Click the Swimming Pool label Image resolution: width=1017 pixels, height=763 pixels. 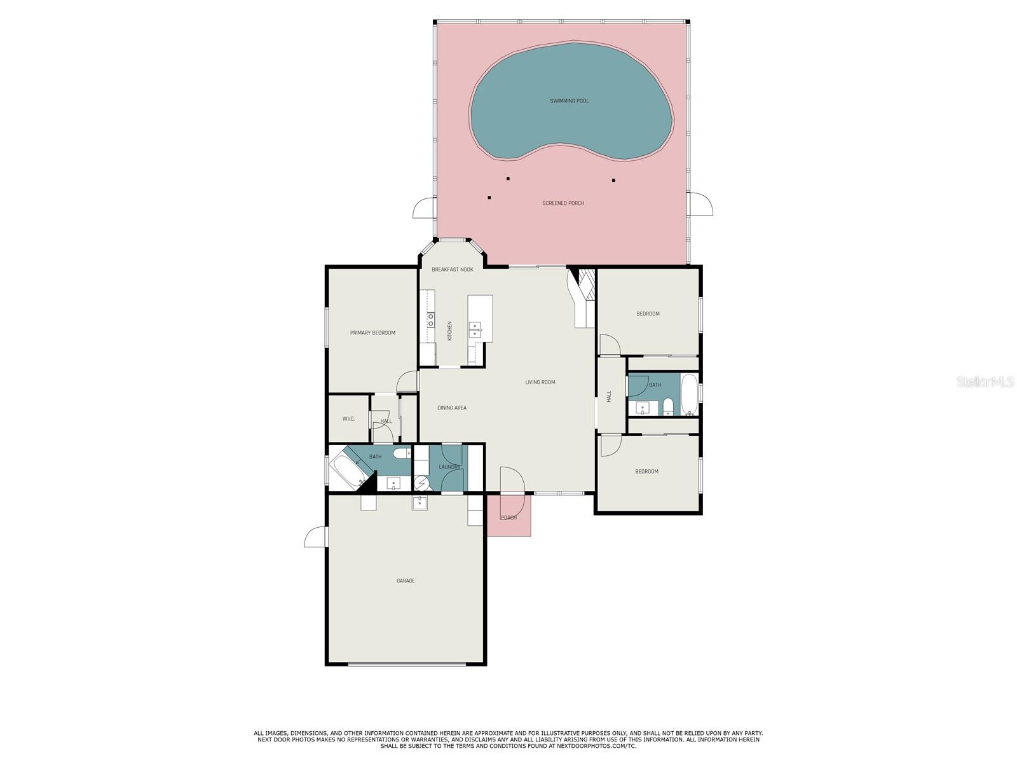(x=569, y=100)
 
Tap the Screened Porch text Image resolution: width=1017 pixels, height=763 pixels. (x=563, y=203)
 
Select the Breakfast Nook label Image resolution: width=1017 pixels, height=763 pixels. (x=452, y=269)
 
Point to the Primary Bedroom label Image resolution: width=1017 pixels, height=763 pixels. (x=372, y=333)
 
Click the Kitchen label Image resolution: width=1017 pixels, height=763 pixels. (x=449, y=331)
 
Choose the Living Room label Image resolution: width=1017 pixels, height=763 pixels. (x=540, y=382)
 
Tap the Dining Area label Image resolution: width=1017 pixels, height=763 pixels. (x=452, y=408)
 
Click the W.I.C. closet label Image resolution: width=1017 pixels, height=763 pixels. (x=348, y=419)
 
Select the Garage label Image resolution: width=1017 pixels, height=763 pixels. (x=406, y=581)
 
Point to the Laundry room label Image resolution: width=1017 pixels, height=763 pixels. (x=449, y=467)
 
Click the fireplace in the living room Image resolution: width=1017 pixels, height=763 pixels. (x=582, y=296)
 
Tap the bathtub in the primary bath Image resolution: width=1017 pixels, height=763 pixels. (x=346, y=471)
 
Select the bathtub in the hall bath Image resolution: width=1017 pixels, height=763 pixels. (x=689, y=395)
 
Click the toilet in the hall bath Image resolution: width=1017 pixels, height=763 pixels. (x=668, y=407)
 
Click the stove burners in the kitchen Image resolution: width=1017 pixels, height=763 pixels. (x=431, y=320)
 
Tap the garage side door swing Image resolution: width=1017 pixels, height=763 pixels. (x=316, y=537)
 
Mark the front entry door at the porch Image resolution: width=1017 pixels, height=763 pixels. (x=512, y=479)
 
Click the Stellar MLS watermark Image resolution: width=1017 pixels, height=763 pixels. (x=985, y=381)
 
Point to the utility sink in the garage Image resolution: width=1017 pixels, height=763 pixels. (x=420, y=503)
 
